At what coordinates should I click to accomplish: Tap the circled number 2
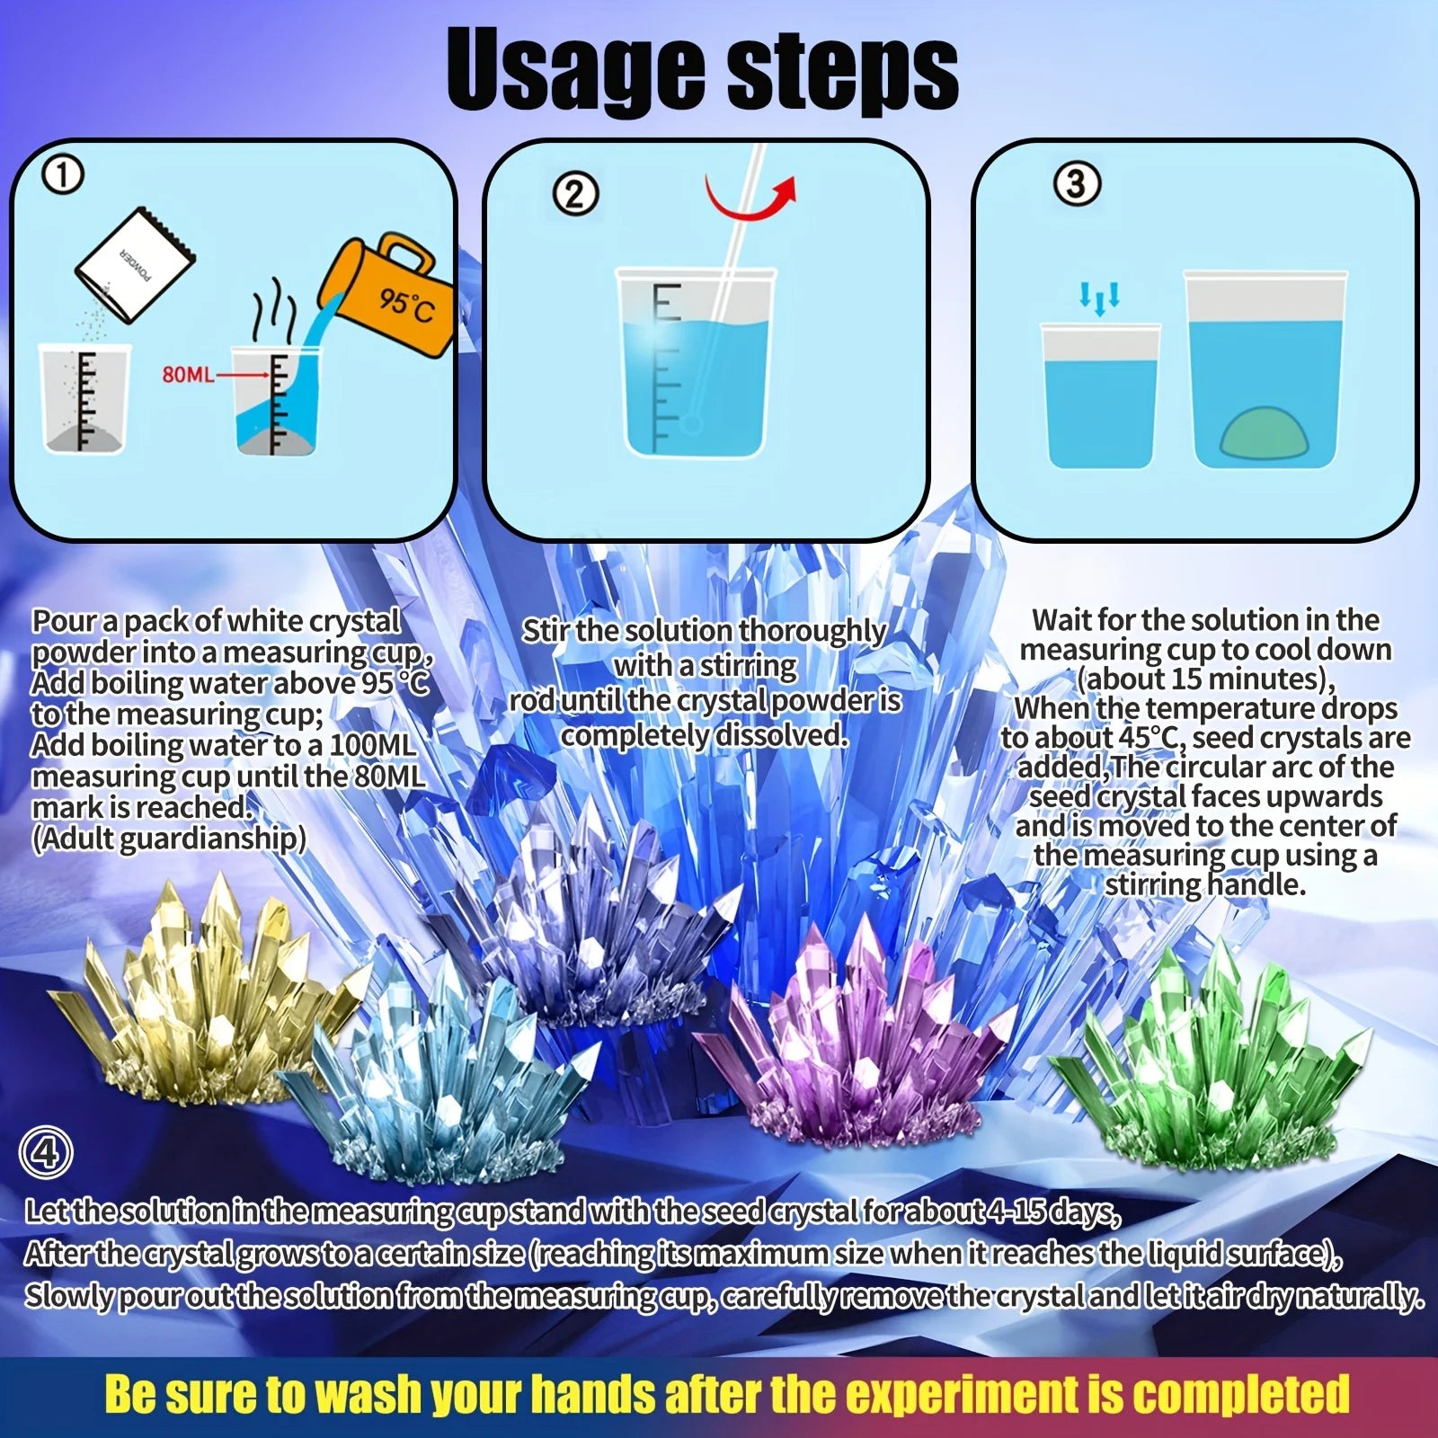[x=575, y=194]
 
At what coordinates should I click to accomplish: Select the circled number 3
[x=1075, y=184]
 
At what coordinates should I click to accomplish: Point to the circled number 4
[x=45, y=1153]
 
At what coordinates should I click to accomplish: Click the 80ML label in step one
[x=188, y=374]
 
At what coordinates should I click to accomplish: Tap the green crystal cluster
[x=1213, y=1061]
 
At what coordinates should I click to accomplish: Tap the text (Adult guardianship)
[x=168, y=839]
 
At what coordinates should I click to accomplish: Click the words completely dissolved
[x=705, y=735]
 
